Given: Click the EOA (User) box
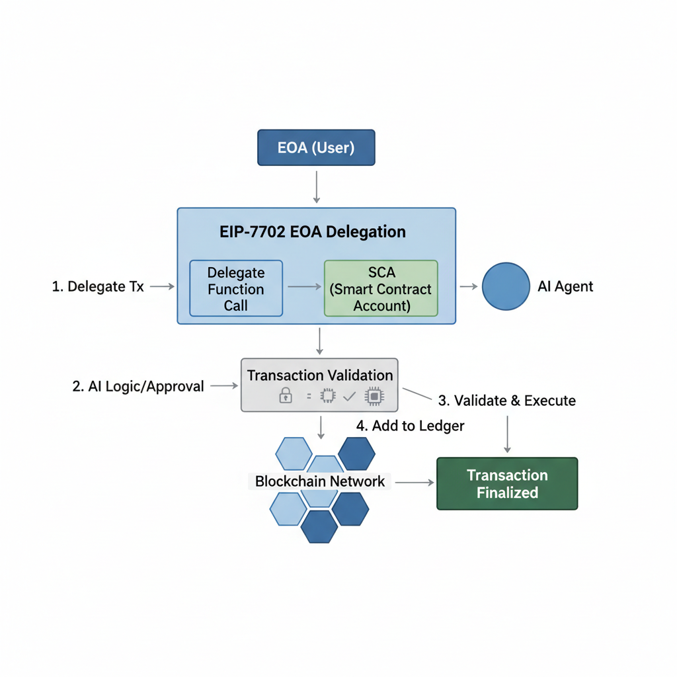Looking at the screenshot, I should click(315, 147).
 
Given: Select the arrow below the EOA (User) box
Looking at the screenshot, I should click(317, 186).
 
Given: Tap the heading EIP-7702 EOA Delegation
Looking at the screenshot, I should click(312, 232).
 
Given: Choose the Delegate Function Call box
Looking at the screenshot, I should click(236, 289).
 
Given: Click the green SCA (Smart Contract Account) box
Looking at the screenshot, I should click(381, 289).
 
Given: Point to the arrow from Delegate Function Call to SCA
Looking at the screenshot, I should click(303, 287).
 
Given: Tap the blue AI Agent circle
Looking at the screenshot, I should click(506, 286).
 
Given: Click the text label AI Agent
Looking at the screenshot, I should click(565, 286).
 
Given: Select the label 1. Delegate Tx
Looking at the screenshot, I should click(98, 286).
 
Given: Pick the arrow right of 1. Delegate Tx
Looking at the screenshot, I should click(162, 286).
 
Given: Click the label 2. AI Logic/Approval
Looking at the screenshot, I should click(138, 387).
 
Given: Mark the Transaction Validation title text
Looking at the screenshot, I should click(320, 375).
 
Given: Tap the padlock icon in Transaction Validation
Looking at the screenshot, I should click(286, 395).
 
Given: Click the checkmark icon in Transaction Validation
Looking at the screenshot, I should click(350, 396).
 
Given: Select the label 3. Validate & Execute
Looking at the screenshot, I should click(507, 401).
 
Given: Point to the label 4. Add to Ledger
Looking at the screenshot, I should click(410, 426).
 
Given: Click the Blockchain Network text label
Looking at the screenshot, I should click(320, 481).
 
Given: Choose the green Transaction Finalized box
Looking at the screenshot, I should click(507, 484).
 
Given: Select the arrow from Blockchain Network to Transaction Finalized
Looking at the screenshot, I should click(415, 483).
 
